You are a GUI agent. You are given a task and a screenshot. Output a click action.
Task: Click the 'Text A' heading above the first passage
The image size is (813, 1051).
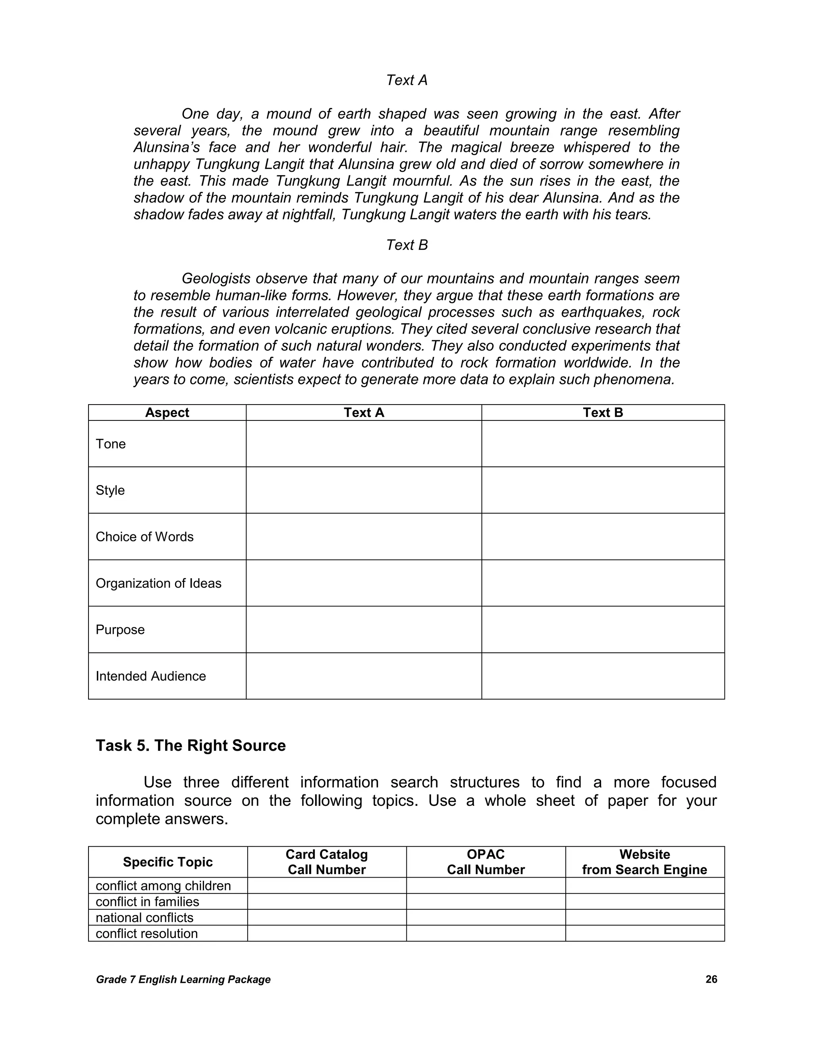[406, 80]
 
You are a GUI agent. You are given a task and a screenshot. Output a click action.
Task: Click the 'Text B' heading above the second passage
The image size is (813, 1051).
[406, 245]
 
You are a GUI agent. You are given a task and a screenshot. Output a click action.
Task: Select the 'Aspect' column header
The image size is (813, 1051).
[167, 412]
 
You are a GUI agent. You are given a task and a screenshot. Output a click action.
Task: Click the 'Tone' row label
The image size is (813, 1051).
[111, 444]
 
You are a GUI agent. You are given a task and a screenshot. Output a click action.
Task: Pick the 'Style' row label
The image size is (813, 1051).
[110, 490]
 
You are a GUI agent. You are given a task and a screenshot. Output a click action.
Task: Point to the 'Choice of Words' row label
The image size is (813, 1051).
[144, 537]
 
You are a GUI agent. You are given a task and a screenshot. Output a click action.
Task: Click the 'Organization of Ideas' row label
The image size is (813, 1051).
[158, 583]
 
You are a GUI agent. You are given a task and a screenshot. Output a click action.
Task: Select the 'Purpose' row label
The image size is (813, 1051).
[120, 629]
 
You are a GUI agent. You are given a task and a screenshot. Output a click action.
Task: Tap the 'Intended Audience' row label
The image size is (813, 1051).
[151, 676]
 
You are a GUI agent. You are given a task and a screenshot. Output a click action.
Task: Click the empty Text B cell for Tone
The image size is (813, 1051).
[603, 444]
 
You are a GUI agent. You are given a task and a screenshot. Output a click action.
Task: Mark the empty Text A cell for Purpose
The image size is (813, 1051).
[364, 629]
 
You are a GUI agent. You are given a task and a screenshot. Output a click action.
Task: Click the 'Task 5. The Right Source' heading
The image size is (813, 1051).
[191, 746]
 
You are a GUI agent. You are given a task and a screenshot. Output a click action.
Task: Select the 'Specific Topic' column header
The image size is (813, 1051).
[168, 862]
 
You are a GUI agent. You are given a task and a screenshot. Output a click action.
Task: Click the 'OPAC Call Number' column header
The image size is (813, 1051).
[485, 862]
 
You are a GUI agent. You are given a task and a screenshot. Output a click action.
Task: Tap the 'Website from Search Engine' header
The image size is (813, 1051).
[644, 862]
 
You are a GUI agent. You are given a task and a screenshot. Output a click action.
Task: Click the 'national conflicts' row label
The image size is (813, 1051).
[144, 918]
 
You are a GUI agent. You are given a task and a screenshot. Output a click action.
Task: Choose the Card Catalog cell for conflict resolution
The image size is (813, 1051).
[327, 934]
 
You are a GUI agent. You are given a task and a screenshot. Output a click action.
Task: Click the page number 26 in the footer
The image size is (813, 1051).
[711, 979]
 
